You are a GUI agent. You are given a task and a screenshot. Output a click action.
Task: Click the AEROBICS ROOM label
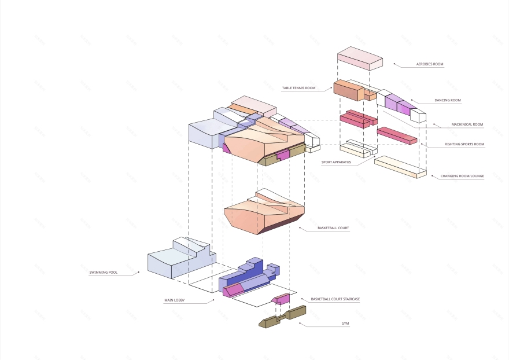[429, 64]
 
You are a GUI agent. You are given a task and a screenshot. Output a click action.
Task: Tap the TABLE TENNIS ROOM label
[298, 88]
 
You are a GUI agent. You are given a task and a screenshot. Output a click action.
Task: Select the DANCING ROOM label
[448, 100]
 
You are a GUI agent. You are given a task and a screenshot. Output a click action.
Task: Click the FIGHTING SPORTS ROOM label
[464, 144]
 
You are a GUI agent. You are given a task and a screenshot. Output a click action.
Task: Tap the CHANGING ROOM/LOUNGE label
[462, 175]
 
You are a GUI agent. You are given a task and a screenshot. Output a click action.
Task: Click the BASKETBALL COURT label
[333, 228]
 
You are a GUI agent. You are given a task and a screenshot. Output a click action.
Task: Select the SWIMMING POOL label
[104, 272]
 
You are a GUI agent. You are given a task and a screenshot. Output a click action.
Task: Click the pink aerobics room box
[359, 58]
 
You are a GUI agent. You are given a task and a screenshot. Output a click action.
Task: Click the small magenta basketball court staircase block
[282, 299]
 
